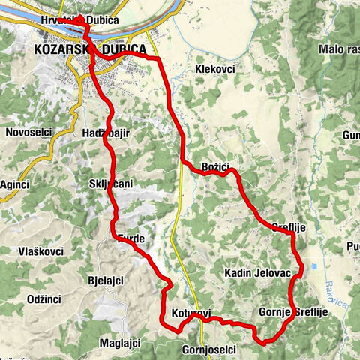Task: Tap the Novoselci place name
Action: [28, 132]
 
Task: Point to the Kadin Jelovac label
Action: [257, 274]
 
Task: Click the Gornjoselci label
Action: [209, 349]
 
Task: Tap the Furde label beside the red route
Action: [131, 239]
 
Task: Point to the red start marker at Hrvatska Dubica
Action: [80, 18]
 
